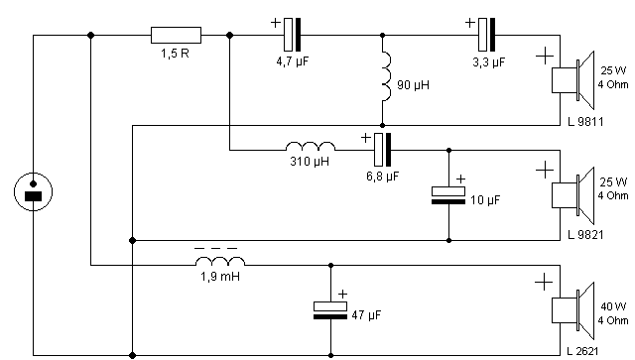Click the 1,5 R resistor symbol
[x=176, y=36]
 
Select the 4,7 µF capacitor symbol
[x=293, y=35]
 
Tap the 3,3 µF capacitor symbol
[x=486, y=35]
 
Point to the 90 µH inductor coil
[x=387, y=77]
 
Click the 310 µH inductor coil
[x=311, y=146]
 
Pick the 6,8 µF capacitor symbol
[x=383, y=150]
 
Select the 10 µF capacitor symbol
[x=448, y=195]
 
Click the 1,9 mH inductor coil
[x=220, y=261]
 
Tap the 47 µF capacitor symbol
[x=330, y=310]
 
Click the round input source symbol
[x=33, y=191]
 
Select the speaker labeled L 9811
[x=573, y=80]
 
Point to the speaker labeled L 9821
[x=573, y=195]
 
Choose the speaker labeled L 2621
[x=573, y=311]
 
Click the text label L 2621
[x=582, y=351]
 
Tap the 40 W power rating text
[x=613, y=306]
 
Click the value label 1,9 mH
[x=220, y=277]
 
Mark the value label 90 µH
[x=413, y=85]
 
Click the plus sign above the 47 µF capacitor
[x=342, y=294]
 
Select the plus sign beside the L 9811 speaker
[x=545, y=56]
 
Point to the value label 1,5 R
[x=175, y=54]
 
